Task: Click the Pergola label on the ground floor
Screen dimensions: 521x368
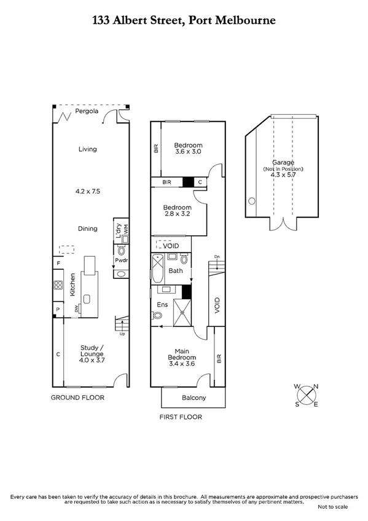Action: (87, 112)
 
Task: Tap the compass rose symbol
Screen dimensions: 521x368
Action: (306, 395)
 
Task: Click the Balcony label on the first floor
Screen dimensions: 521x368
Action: (194, 398)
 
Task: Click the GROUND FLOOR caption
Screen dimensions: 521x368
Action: (77, 398)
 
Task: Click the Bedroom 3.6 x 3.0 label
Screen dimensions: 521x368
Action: (189, 147)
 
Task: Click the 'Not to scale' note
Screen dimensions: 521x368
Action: (332, 507)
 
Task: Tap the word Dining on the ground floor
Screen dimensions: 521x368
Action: (87, 229)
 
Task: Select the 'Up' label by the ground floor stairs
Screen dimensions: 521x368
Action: (122, 334)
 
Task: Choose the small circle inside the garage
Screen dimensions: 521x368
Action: (251, 201)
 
